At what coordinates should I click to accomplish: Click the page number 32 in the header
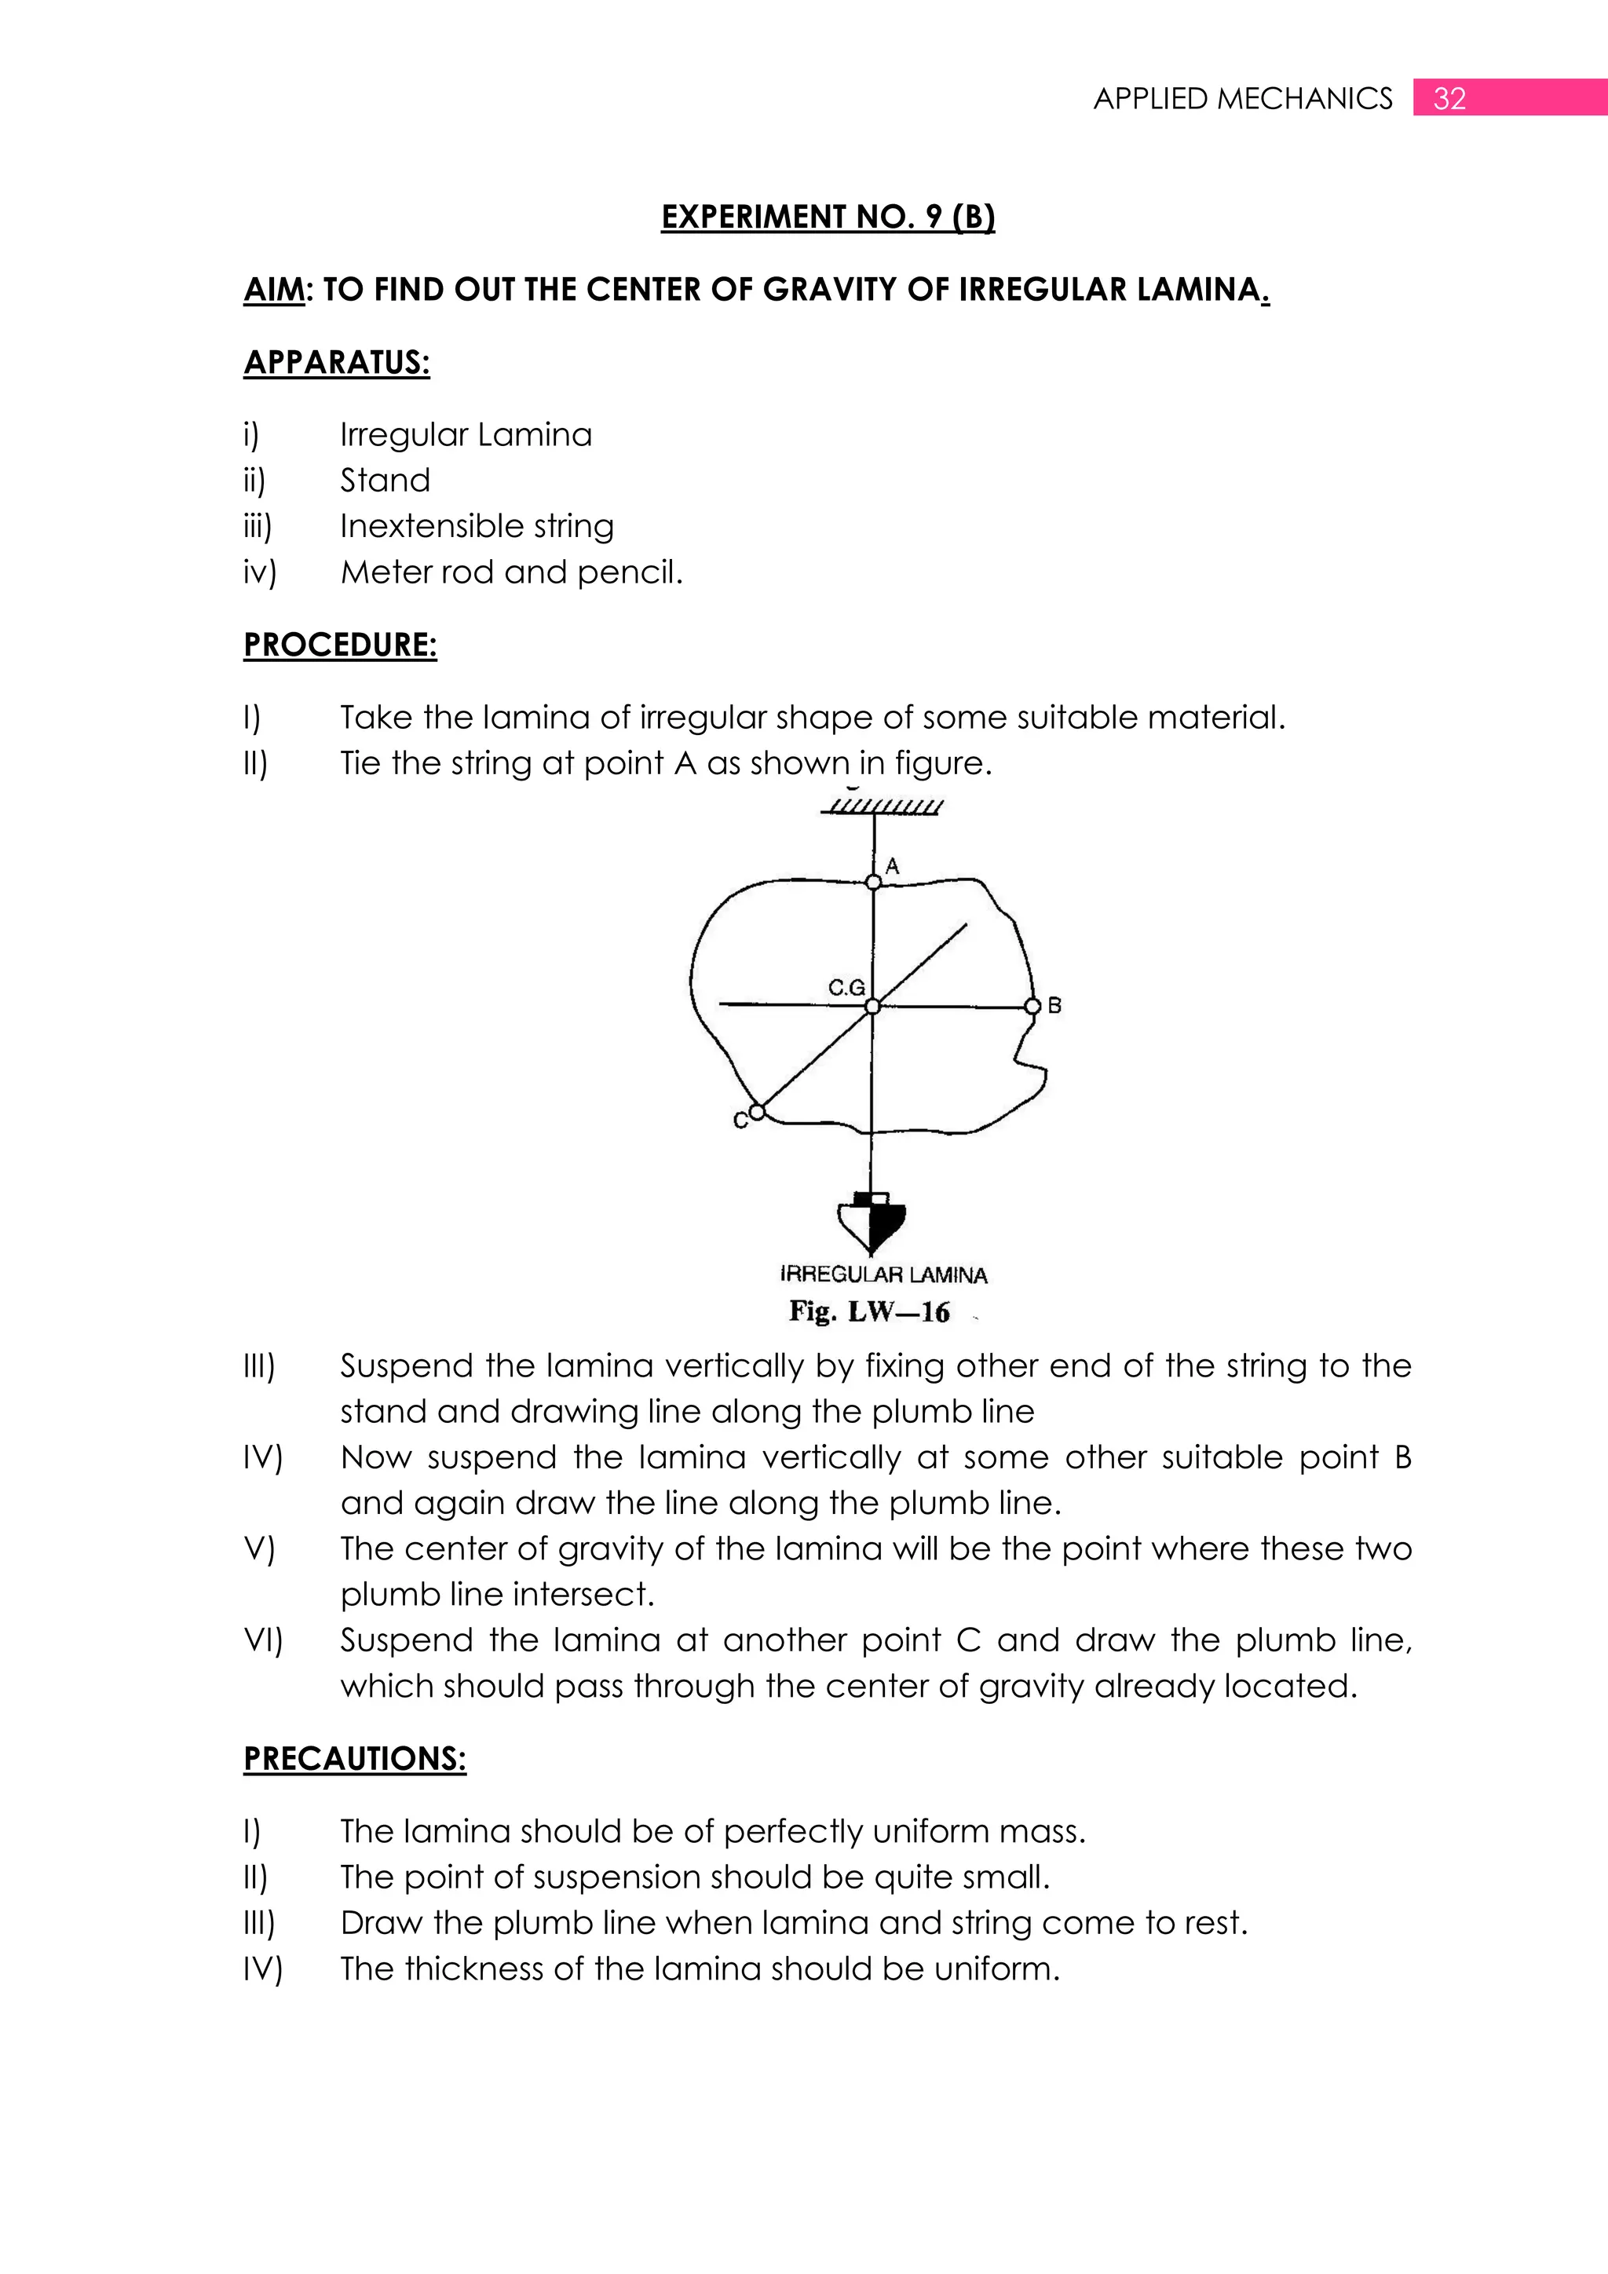pyautogui.click(x=1449, y=98)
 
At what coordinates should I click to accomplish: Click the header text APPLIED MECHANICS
pyautogui.click(x=1243, y=98)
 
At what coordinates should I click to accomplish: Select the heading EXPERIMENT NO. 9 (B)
pyautogui.click(x=828, y=217)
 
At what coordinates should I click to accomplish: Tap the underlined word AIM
pyautogui.click(x=273, y=289)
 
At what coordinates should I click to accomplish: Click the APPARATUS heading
pyautogui.click(x=337, y=363)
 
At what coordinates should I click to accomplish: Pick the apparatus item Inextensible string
pyautogui.click(x=477, y=526)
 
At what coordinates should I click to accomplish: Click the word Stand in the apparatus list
pyautogui.click(x=386, y=481)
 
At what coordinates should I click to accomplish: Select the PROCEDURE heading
pyautogui.click(x=340, y=645)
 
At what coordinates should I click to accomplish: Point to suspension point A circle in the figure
pyautogui.click(x=872, y=882)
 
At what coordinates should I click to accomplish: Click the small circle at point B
pyautogui.click(x=1032, y=1007)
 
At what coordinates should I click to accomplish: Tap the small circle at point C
pyautogui.click(x=756, y=1112)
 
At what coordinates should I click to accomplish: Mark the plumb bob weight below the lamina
pyautogui.click(x=872, y=1223)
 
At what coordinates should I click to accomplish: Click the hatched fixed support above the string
pyautogui.click(x=881, y=806)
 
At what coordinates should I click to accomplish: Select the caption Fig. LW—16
pyautogui.click(x=868, y=1312)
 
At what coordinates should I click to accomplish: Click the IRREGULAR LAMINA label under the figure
pyautogui.click(x=883, y=1274)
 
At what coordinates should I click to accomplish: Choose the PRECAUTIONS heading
pyautogui.click(x=354, y=1759)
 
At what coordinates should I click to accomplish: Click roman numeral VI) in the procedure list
pyautogui.click(x=262, y=1641)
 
